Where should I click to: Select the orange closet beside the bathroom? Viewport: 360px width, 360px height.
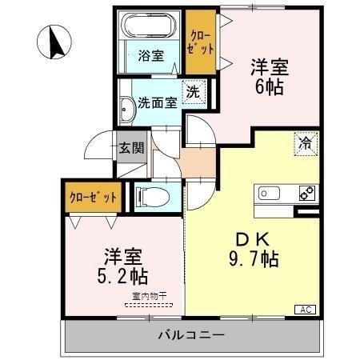[200, 42]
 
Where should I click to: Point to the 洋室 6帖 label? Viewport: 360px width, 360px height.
[269, 78]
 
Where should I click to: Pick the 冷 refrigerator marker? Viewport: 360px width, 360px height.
[306, 144]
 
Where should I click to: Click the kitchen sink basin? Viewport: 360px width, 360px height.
[267, 194]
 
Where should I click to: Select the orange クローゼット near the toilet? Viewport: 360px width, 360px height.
[94, 197]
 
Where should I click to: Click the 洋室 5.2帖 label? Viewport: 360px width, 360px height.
[124, 268]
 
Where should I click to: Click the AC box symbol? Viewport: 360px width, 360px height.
[306, 309]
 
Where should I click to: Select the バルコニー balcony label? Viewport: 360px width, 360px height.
[190, 334]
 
